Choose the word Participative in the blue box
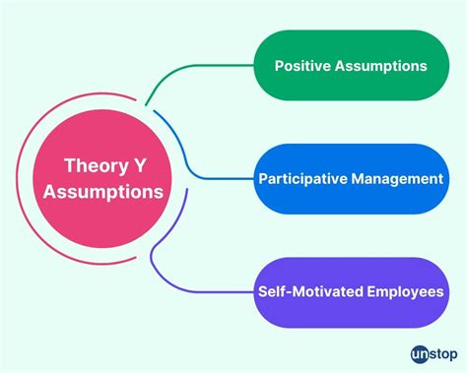click(x=306, y=179)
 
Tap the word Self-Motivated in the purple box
click(x=309, y=292)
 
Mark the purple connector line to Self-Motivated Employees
click(x=197, y=292)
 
